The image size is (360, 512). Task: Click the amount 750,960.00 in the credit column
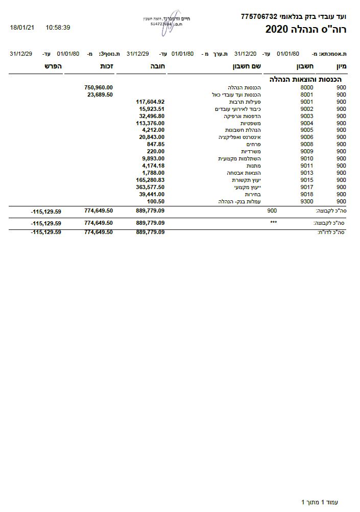(x=98, y=87)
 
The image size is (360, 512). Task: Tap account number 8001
(x=307, y=95)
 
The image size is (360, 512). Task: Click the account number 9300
(x=307, y=202)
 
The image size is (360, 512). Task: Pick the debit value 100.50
(x=155, y=202)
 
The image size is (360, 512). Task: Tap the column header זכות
(x=106, y=66)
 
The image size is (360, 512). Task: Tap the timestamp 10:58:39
(x=58, y=27)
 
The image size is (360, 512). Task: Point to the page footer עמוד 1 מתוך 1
(x=320, y=502)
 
